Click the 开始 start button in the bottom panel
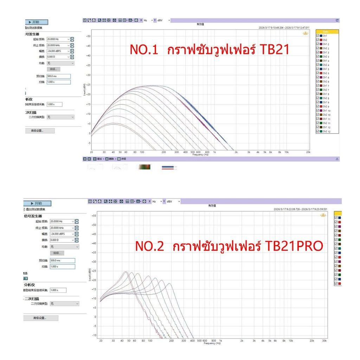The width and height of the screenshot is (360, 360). point(38,203)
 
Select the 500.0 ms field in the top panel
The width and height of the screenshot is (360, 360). point(58,76)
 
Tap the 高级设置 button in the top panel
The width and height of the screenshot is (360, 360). point(40,130)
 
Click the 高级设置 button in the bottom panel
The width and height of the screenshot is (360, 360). point(41,318)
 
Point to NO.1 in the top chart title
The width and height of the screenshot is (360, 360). point(144,50)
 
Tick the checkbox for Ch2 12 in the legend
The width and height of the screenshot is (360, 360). point(318,131)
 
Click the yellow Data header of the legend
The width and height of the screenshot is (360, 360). point(327,31)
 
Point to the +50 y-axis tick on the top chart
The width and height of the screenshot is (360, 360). point(88,36)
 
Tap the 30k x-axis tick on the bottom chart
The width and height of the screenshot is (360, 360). point(324,341)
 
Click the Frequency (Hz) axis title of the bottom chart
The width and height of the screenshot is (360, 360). point(210,343)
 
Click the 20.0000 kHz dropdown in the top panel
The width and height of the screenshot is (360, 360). point(58,45)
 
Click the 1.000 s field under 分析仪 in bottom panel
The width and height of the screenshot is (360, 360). point(58,290)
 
